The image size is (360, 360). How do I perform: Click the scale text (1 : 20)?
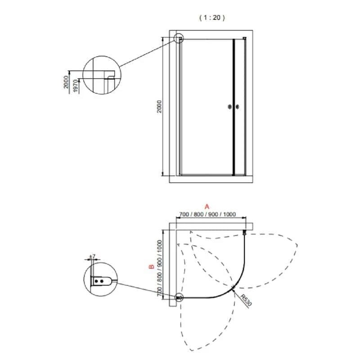click(212, 18)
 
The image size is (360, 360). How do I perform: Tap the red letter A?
click(207, 207)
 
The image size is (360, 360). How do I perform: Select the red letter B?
click(152, 267)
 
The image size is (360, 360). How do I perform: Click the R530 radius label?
click(247, 300)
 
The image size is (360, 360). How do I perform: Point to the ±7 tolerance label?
click(92, 256)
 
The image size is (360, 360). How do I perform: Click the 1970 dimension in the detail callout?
click(76, 86)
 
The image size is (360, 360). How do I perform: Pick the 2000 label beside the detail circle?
click(66, 82)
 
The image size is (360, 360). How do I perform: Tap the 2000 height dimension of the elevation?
click(159, 107)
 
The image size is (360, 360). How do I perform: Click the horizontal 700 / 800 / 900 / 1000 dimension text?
click(207, 214)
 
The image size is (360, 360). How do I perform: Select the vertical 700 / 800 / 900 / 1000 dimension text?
click(160, 268)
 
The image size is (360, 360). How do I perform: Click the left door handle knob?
click(229, 107)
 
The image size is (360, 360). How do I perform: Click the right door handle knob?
click(238, 107)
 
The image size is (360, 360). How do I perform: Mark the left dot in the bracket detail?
click(96, 281)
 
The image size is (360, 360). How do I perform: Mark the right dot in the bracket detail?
click(102, 281)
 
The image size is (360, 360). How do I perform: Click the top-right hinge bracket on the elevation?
click(244, 38)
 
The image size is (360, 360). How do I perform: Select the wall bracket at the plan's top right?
click(244, 233)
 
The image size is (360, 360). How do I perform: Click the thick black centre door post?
click(234, 107)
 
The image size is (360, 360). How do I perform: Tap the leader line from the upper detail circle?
click(148, 53)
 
